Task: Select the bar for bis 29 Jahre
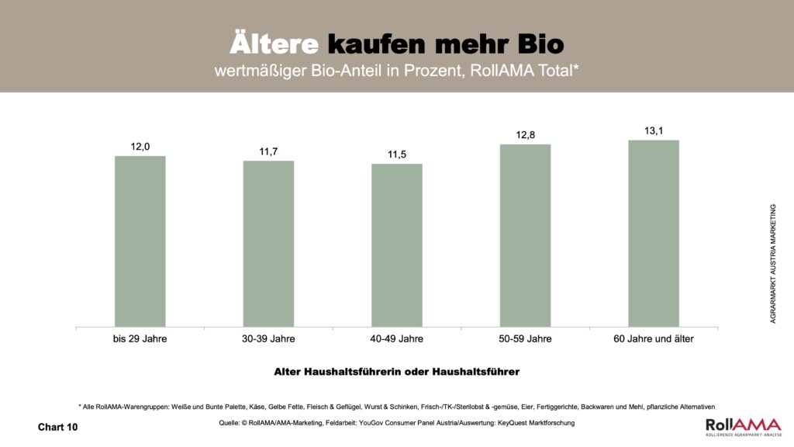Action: (140, 241)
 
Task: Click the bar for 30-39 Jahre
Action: (268, 243)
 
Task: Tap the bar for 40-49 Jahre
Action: (397, 244)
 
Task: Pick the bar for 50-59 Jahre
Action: (525, 235)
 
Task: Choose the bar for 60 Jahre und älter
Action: (654, 233)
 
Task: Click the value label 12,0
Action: (140, 145)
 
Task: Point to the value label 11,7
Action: (268, 151)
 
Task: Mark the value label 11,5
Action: (397, 154)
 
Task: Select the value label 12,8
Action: (526, 135)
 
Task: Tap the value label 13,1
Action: (654, 130)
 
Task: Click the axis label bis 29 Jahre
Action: (140, 339)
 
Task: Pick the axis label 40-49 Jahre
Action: (397, 339)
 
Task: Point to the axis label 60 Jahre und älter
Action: (654, 339)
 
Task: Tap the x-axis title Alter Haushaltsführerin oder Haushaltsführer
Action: (396, 372)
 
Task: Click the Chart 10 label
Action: (58, 427)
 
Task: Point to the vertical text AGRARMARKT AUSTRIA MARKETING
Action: (773, 264)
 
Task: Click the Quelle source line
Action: (396, 423)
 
